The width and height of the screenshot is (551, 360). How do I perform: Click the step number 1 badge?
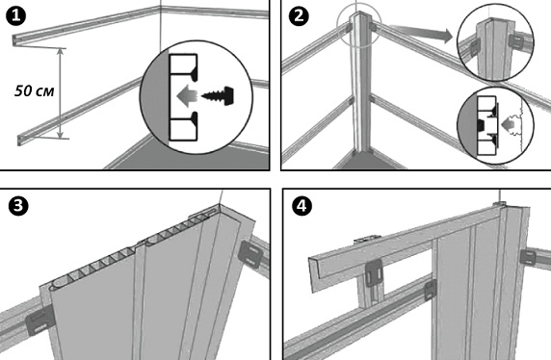click(x=15, y=16)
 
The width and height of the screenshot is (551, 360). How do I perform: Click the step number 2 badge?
click(x=299, y=16)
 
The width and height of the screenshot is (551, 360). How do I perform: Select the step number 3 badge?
click(x=18, y=206)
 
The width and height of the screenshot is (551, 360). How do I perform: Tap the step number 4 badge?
click(x=302, y=206)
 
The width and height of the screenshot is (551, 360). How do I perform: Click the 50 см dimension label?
click(x=35, y=91)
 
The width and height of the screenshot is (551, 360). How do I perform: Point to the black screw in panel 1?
click(x=219, y=95)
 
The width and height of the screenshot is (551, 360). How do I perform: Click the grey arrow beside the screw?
click(x=187, y=95)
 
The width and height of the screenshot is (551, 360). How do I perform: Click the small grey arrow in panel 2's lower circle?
click(x=507, y=124)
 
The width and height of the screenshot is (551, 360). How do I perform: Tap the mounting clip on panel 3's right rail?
click(x=249, y=254)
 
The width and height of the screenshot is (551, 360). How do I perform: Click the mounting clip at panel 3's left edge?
click(x=39, y=321)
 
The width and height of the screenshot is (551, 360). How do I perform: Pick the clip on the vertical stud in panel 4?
click(x=374, y=273)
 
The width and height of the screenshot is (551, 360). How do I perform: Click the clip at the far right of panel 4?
click(x=528, y=260)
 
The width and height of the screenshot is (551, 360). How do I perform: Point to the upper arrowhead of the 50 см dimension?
click(x=61, y=52)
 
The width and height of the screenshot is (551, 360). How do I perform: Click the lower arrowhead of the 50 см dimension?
click(x=61, y=135)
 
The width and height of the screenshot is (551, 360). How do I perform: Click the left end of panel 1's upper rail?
click(x=14, y=39)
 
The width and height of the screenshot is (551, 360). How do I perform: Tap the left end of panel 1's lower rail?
click(x=20, y=141)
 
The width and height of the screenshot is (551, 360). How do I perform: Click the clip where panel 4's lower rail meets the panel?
click(x=431, y=290)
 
